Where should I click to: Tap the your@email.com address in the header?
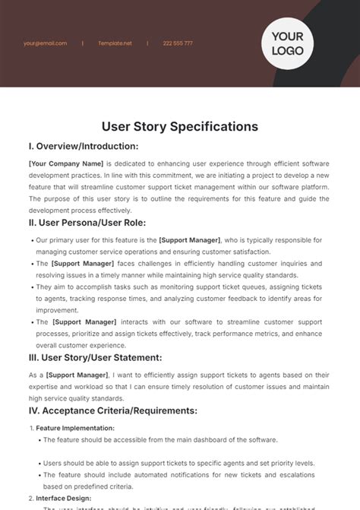[x=45, y=43]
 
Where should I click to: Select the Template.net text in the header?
[x=115, y=43]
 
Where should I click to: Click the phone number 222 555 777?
[x=178, y=43]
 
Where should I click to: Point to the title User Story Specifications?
[x=180, y=126]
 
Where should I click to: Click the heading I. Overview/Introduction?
[x=84, y=146]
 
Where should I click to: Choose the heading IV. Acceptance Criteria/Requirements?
[x=112, y=410]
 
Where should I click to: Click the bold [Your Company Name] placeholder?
[x=65, y=163]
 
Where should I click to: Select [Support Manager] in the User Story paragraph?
[x=77, y=375]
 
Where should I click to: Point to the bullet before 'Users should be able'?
[x=38, y=464]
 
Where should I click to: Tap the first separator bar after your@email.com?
[x=83, y=43]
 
